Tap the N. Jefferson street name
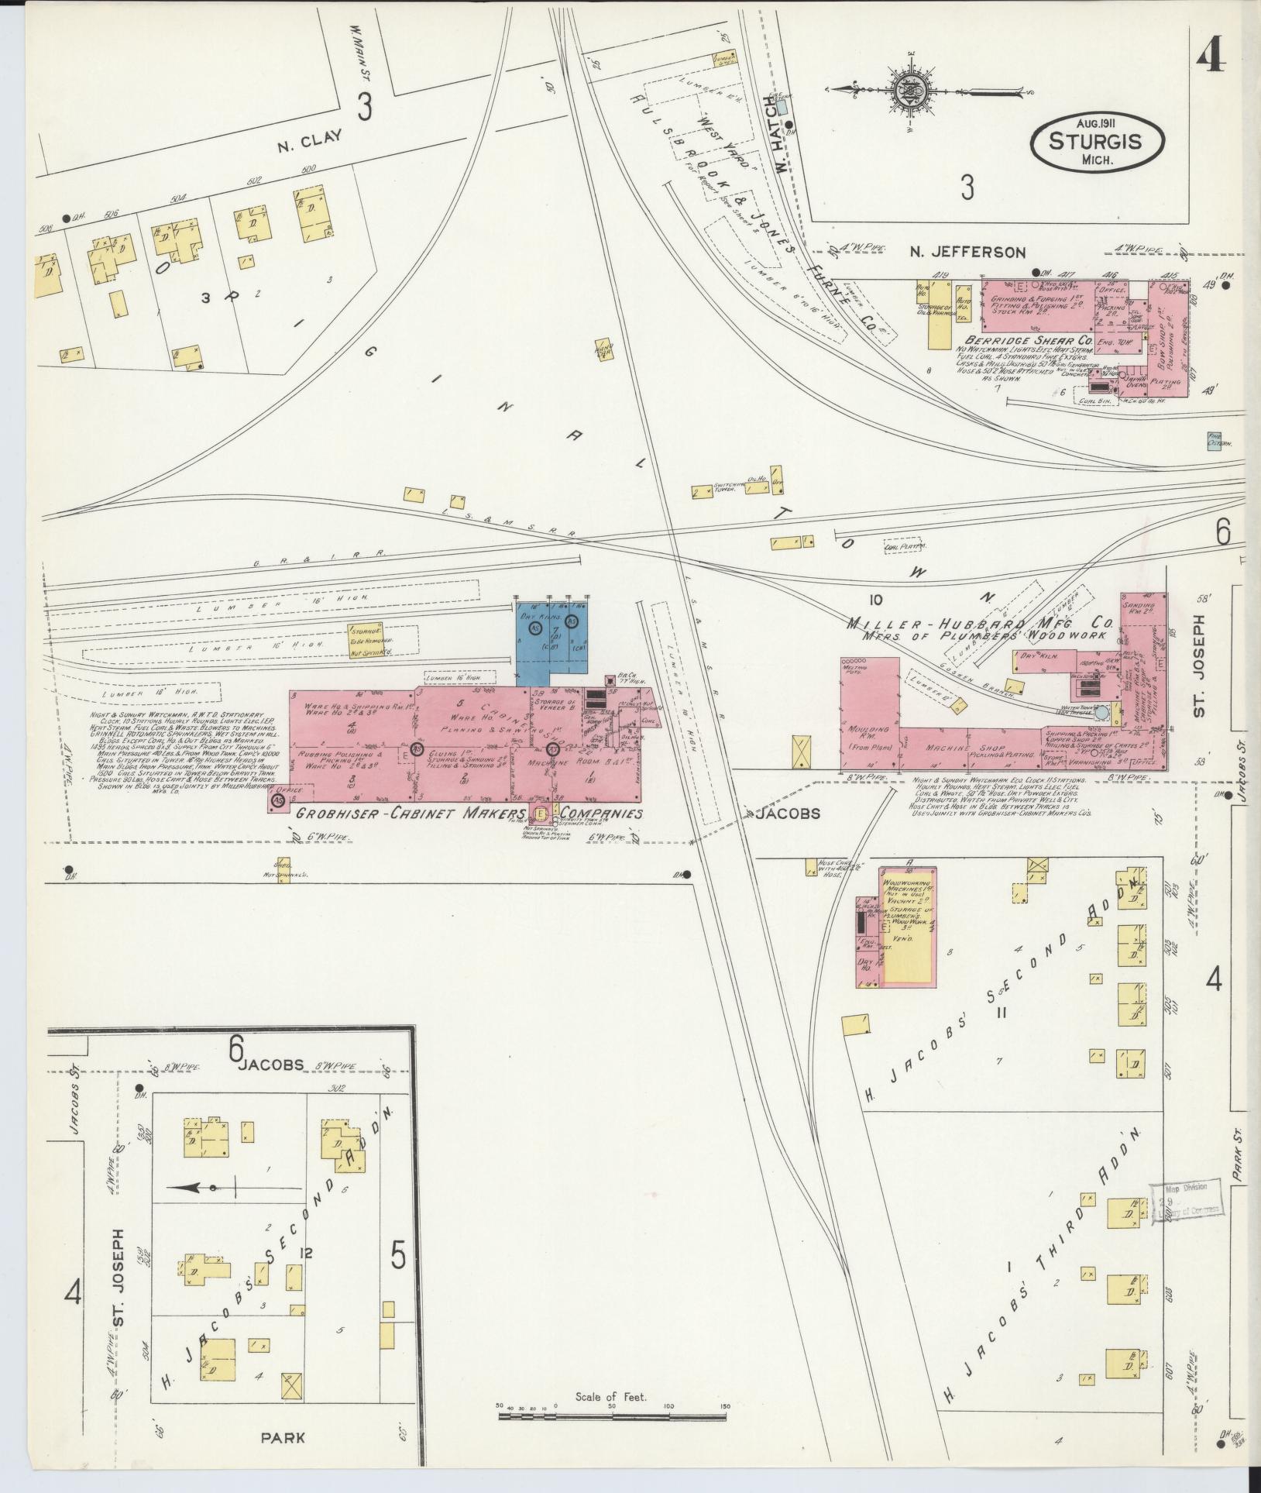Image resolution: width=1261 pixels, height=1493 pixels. pyautogui.click(x=968, y=252)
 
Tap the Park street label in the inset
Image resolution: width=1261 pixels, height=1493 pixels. pyautogui.click(x=282, y=1438)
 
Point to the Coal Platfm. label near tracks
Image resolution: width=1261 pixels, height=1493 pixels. pyautogui.click(x=905, y=547)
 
